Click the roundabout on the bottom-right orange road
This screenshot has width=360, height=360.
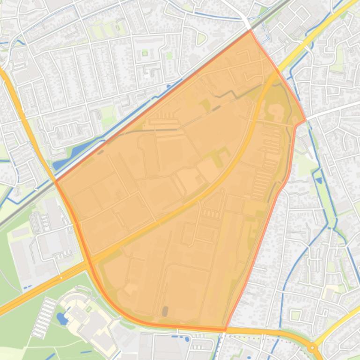pos(312,348)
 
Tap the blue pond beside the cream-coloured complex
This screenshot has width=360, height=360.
pos(62,319)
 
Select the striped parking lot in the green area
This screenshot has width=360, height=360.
pos(44,317)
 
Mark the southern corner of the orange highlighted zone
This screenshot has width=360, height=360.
pos(226,330)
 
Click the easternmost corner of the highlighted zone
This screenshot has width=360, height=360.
pos(305,121)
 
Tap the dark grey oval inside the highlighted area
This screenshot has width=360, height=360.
pos(165,311)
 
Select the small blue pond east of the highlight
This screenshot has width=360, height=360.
pos(319,180)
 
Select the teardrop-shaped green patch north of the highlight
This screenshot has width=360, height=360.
pos(201,39)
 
